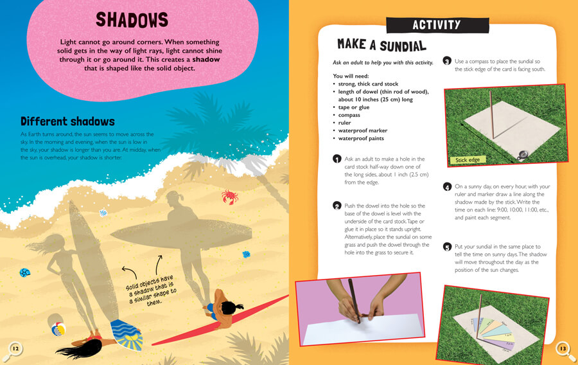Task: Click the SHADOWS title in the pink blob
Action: (132, 20)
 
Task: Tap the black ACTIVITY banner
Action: (436, 25)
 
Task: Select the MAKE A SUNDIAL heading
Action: (381, 45)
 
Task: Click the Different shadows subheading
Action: (67, 121)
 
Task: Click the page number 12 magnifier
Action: (13, 348)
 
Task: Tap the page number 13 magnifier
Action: (563, 348)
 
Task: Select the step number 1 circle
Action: (337, 159)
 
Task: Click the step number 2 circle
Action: (337, 206)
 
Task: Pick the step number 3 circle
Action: (447, 61)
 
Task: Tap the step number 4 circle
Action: (447, 187)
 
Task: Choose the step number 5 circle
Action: (447, 247)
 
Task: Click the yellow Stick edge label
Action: (469, 159)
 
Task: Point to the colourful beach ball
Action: (58, 330)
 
